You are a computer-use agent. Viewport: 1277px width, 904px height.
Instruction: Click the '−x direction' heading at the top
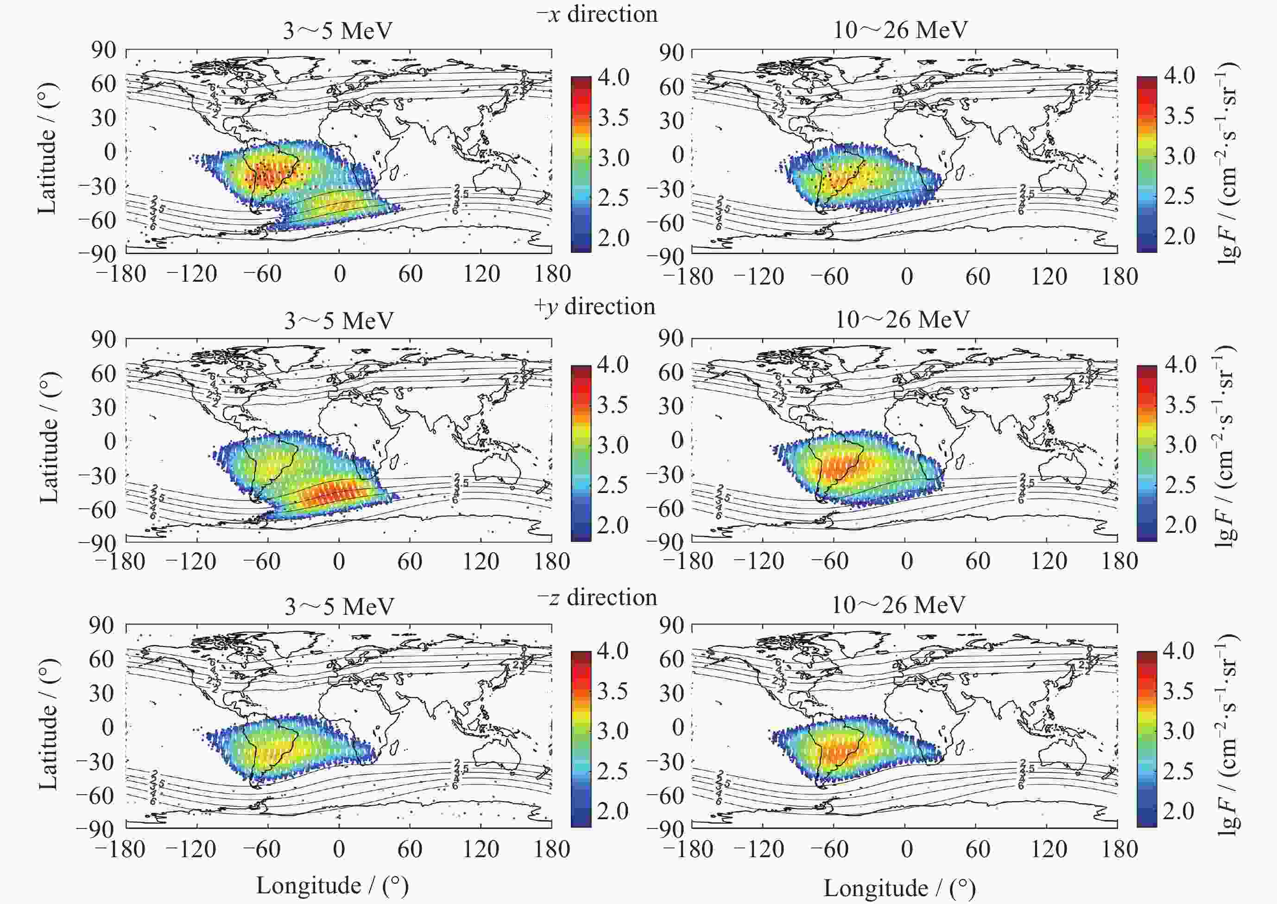[597, 14]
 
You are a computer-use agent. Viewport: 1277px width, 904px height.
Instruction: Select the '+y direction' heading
[594, 306]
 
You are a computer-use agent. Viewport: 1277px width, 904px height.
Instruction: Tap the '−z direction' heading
[597, 597]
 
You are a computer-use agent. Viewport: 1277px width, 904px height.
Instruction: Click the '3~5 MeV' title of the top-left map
[337, 31]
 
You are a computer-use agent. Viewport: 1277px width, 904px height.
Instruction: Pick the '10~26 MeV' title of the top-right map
[900, 30]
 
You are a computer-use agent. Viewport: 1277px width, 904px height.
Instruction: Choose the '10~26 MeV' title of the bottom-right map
[898, 605]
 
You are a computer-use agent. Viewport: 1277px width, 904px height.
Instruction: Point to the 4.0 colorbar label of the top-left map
[613, 77]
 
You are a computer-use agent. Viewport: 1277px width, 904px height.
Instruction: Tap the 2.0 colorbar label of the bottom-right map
[1178, 810]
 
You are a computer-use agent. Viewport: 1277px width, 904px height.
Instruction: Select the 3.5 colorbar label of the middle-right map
[1180, 405]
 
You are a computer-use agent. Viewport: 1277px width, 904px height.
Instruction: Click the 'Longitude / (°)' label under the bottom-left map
[332, 885]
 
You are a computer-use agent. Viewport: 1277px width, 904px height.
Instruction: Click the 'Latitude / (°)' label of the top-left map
[47, 149]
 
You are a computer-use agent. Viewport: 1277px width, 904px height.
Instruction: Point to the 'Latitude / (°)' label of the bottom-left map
[48, 724]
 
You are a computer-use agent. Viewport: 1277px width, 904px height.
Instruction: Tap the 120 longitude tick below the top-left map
[481, 274]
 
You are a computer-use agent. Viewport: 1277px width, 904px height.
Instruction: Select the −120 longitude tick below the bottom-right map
[759, 849]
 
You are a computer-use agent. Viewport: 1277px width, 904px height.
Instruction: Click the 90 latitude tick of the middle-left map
[103, 340]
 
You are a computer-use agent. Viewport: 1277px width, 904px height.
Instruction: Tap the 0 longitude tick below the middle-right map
[906, 561]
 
